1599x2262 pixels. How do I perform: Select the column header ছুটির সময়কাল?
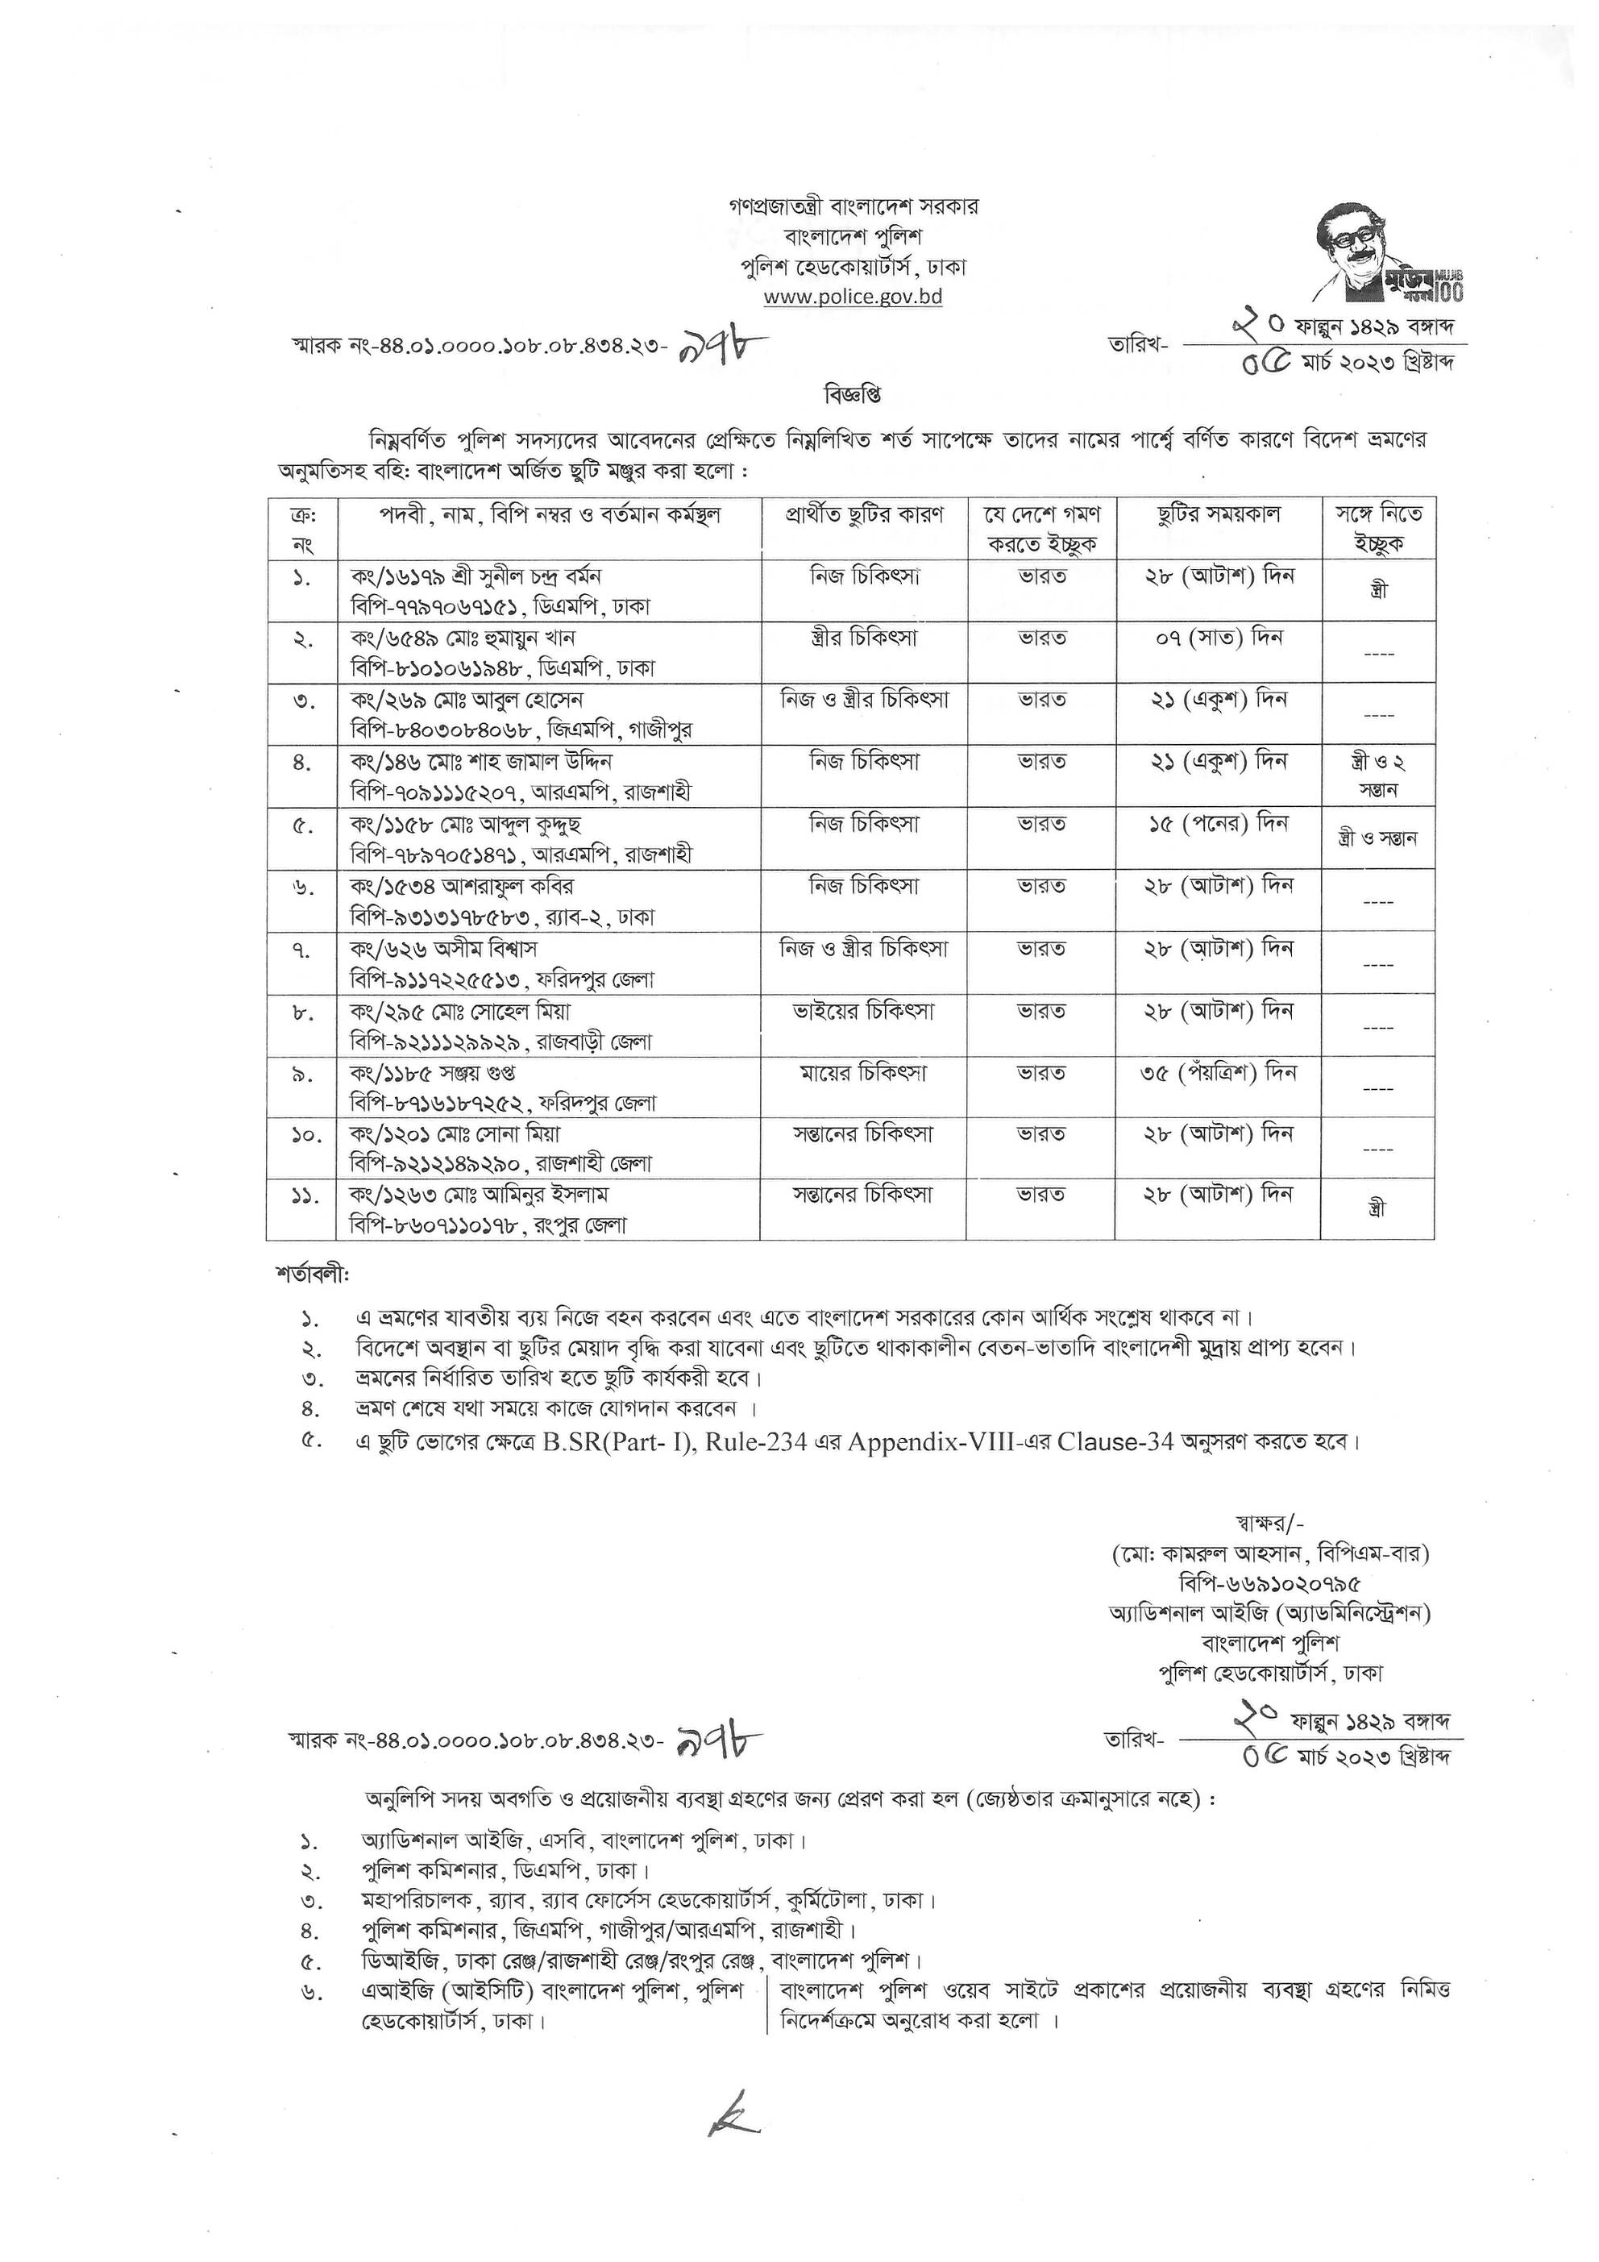click(x=1218, y=515)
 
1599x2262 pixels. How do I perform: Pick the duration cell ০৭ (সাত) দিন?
click(x=1218, y=638)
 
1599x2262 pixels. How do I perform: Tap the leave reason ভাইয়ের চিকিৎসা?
click(x=863, y=1011)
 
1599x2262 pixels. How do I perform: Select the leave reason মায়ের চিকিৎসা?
click(x=863, y=1073)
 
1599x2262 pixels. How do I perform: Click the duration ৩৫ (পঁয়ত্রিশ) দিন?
click(x=1218, y=1073)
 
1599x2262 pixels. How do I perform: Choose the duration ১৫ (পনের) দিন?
click(x=1218, y=824)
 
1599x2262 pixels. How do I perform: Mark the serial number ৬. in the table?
click(x=302, y=888)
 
